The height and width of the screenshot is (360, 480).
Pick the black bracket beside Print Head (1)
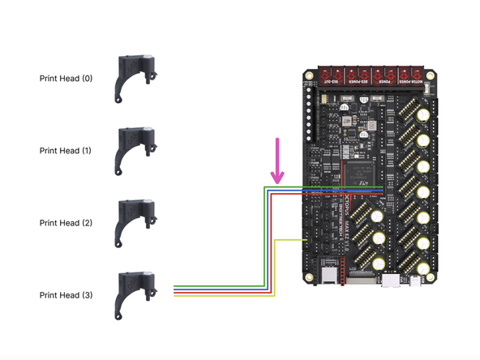[x=134, y=149]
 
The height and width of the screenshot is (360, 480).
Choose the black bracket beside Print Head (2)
[x=134, y=221]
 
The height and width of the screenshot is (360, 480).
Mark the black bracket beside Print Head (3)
[x=134, y=293]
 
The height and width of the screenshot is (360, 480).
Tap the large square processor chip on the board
[x=358, y=173]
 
